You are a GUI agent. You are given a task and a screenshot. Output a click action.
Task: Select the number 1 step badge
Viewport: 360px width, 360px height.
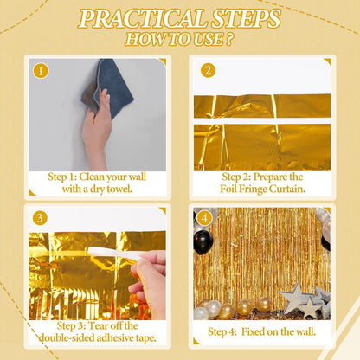tap(41, 71)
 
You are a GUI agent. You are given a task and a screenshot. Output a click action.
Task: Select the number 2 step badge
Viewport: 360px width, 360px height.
tap(208, 71)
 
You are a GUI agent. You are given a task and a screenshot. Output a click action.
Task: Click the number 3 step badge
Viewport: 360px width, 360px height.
tap(41, 220)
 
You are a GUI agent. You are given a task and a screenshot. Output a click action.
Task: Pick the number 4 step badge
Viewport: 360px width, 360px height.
tap(204, 218)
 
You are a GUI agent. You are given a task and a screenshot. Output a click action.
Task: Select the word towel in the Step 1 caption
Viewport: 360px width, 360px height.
tap(117, 190)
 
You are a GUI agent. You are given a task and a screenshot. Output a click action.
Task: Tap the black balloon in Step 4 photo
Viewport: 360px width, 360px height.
tap(202, 241)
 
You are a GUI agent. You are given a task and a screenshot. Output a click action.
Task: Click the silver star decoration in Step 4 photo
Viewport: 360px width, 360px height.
tap(300, 299)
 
